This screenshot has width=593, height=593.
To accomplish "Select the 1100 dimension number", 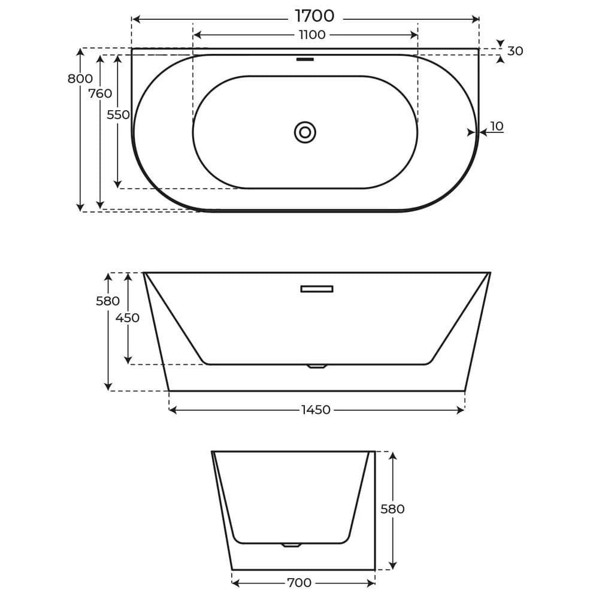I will pos(312,35).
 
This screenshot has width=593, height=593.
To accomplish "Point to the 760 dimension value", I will pos(100,94).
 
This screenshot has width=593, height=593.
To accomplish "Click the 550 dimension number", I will pos(118,115).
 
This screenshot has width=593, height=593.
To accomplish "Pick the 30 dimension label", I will pos(515,52).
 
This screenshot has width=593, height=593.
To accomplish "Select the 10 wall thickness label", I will pos(497,126).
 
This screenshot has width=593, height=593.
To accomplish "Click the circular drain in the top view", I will pos(305,132).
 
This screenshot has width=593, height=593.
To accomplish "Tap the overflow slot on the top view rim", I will pos(305,59).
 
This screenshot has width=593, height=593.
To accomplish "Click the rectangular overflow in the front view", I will pos(316,289).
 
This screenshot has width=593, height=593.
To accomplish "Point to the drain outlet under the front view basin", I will pos(316,366).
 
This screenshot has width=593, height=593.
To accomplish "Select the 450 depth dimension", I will pos(128,318).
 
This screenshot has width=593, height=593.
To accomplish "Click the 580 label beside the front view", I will pos(108,301).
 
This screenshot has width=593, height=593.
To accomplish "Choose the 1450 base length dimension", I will pos(316,410).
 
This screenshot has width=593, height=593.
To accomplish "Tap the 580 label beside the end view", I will pos(393,510).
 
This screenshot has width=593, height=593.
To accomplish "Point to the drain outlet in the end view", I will pos(291,545).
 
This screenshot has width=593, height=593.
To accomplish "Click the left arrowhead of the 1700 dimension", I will pos(135,19).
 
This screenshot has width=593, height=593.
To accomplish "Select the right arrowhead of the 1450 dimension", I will pos(461,410).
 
